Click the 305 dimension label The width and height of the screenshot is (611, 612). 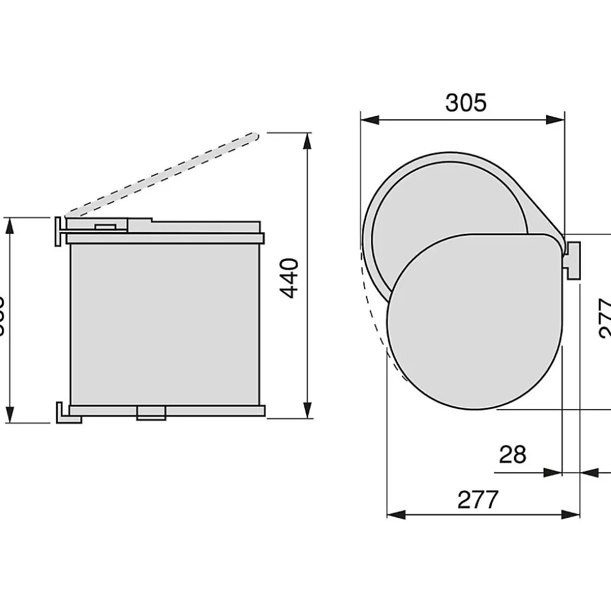[465, 102]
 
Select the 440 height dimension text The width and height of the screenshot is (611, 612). [289, 278]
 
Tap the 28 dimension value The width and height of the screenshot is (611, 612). [512, 454]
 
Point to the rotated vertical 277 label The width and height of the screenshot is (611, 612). [603, 318]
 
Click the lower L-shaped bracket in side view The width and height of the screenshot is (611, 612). [64, 413]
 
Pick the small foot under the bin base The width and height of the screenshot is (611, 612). [151, 413]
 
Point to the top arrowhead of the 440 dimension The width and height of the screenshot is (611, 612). [307, 140]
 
